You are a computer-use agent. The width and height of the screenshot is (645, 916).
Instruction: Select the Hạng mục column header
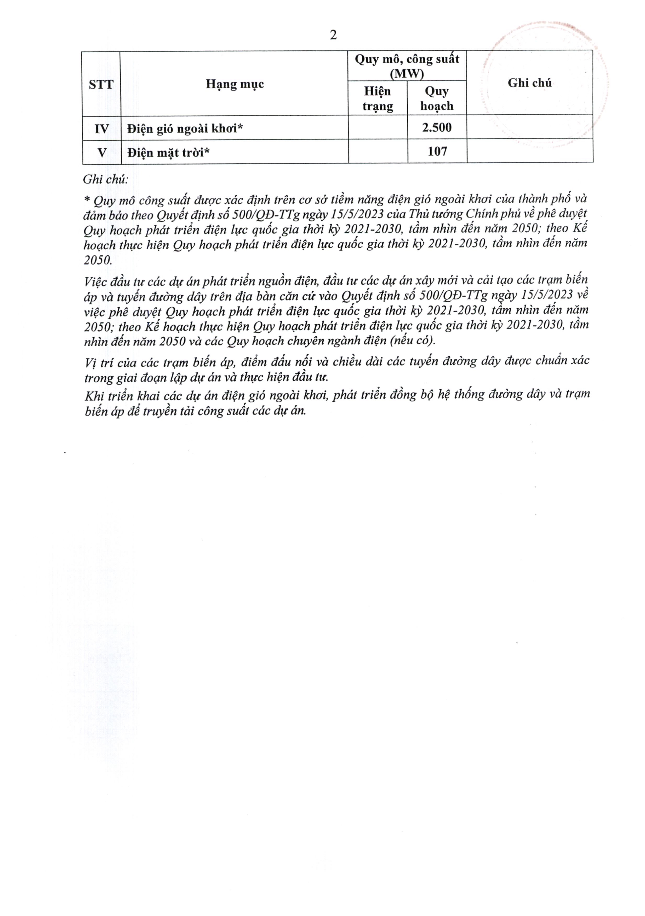(235, 84)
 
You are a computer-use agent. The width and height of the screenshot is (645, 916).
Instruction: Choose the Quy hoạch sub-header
(437, 98)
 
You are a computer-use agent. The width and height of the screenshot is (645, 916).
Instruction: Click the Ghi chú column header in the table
(530, 83)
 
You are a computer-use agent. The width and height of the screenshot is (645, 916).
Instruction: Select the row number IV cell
(101, 128)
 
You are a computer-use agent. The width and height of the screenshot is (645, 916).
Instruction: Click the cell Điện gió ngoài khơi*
(185, 128)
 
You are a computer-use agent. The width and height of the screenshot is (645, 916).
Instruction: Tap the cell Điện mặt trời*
(168, 152)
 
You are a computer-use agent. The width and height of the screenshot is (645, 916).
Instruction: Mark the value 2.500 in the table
(437, 128)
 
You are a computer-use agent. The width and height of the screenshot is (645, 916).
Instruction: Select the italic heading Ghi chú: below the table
(105, 180)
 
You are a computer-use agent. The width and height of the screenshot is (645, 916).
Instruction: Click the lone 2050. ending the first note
(98, 260)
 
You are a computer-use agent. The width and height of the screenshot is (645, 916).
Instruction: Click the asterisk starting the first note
(88, 199)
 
